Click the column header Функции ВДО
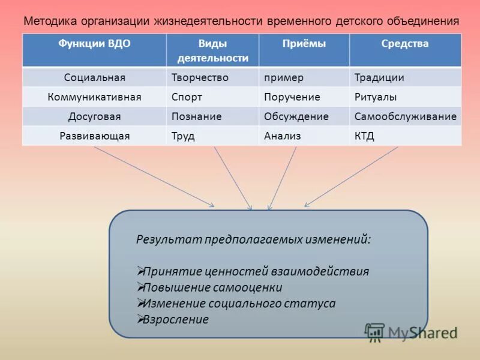tap(94, 44)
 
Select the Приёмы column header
tap(304, 44)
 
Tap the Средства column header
tap(405, 44)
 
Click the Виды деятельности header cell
tap(212, 50)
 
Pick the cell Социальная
tap(94, 78)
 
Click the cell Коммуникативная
tap(94, 97)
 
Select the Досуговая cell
tap(94, 116)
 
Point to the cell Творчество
tap(200, 78)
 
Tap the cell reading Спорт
tap(187, 97)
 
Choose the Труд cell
tap(183, 136)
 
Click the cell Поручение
tap(292, 97)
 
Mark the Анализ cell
tap(282, 136)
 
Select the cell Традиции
tap(379, 78)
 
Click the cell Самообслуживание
tap(405, 116)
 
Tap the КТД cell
tap(364, 136)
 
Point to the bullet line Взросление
tap(176, 319)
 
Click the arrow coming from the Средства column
tap(351, 177)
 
